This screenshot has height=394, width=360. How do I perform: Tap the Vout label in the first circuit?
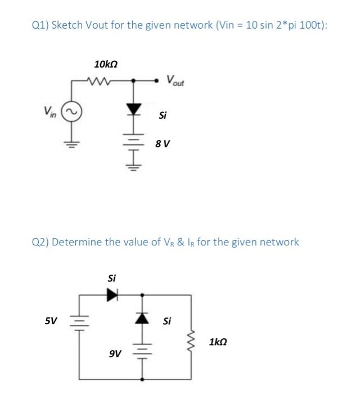pyautogui.click(x=175, y=80)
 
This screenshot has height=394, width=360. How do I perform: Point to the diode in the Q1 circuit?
pyautogui.click(x=133, y=109)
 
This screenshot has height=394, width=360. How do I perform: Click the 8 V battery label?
pyautogui.click(x=163, y=144)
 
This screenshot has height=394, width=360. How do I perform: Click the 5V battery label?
pyautogui.click(x=51, y=321)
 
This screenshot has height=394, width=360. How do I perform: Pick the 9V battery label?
pyautogui.click(x=114, y=354)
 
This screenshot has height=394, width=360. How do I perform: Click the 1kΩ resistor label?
pyautogui.click(x=218, y=342)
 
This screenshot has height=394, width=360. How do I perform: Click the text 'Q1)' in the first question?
pyautogui.click(x=40, y=26)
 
